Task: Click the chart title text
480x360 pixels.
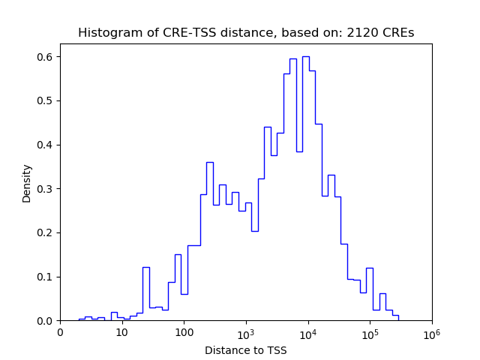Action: coord(246,33)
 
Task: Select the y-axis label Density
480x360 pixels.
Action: coord(27,182)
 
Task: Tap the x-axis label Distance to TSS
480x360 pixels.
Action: coord(245,350)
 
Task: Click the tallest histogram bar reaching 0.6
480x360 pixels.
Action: coord(305,187)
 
